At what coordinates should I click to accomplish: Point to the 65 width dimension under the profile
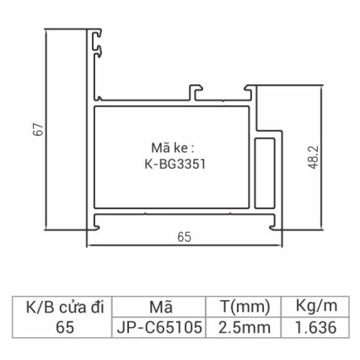pos(181,237)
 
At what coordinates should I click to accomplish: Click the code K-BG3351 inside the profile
pos(170,165)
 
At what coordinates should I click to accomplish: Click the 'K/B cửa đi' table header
pos(59,304)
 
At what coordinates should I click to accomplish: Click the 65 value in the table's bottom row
pos(59,326)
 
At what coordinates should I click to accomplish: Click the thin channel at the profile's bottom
pos(181,222)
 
